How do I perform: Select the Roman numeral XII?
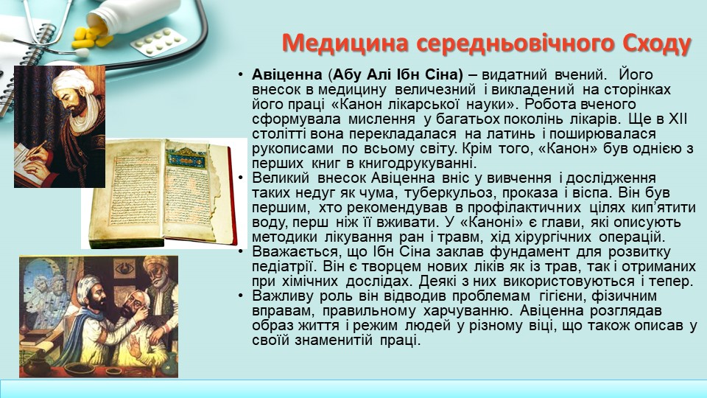(678, 119)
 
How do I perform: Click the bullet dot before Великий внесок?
(242, 178)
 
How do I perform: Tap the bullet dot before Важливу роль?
(242, 296)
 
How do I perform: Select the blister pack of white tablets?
(158, 42)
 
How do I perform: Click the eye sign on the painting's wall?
(125, 270)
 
